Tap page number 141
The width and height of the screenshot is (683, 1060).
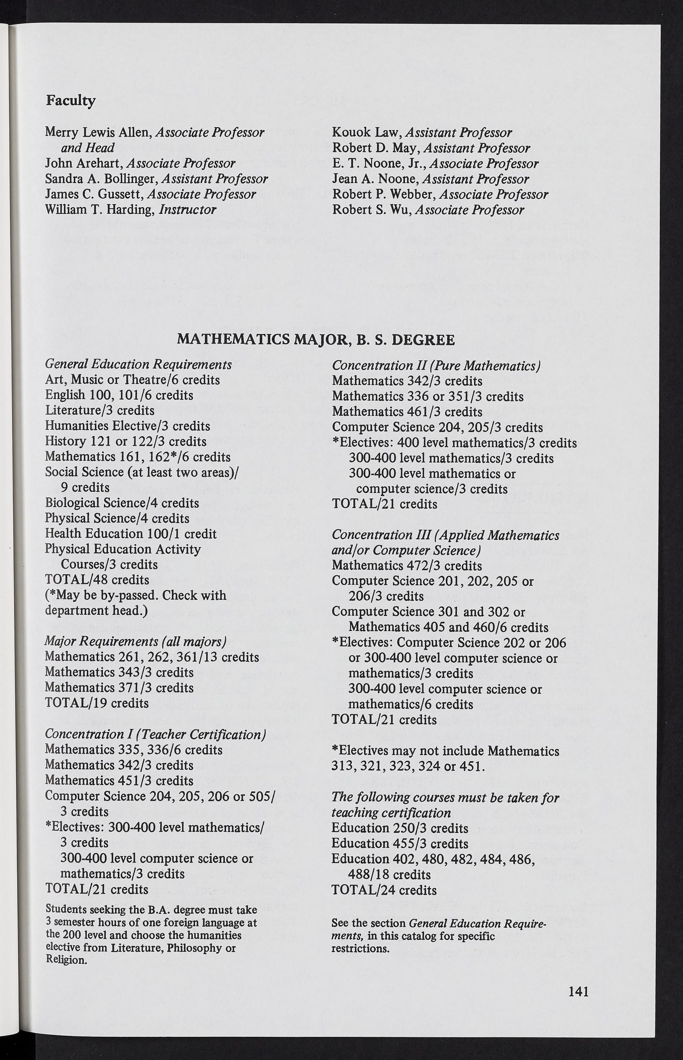point(578,991)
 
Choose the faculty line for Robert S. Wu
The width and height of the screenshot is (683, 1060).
point(428,210)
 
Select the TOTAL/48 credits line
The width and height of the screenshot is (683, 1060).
point(97,580)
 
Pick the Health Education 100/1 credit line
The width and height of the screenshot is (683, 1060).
point(131,534)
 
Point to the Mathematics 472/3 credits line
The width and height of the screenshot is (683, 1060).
point(407,566)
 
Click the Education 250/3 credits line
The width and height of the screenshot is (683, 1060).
point(400,828)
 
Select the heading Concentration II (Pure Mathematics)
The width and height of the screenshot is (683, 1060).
point(436,366)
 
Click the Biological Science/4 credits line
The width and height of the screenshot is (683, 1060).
point(122,503)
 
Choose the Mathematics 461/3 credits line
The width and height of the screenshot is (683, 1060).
point(407,412)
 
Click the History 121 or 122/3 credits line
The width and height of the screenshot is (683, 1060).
point(125,442)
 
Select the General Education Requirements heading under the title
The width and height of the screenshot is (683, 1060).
point(138,364)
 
